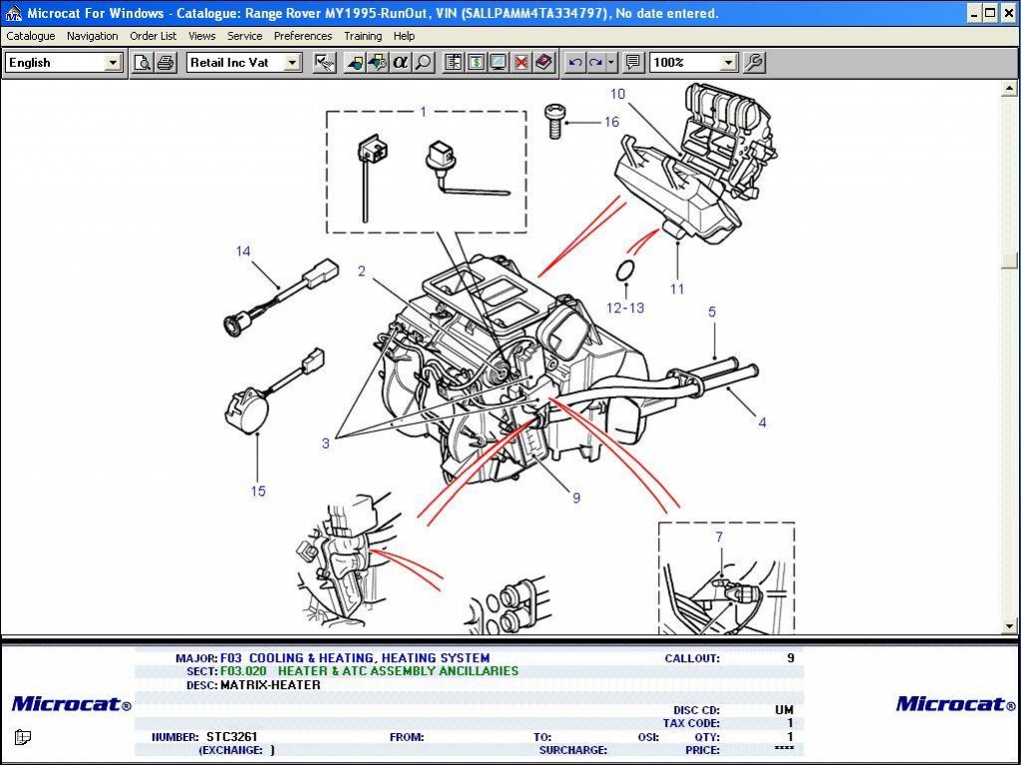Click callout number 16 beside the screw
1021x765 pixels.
coord(611,122)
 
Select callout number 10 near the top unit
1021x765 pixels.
coord(618,94)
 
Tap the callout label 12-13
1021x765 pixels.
coord(625,307)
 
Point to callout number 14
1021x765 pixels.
coord(243,251)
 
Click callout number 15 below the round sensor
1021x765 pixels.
coord(258,491)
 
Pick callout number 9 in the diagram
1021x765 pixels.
coord(575,498)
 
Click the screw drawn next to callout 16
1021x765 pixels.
coord(554,121)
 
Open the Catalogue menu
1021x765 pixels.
coord(31,36)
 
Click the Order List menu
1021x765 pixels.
coord(153,36)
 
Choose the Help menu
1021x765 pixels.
coord(404,36)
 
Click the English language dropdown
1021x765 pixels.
coord(63,62)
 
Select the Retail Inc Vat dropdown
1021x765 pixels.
coord(243,62)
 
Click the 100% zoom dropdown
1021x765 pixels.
coord(693,62)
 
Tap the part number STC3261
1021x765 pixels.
coord(232,737)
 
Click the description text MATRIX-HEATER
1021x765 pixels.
coord(270,685)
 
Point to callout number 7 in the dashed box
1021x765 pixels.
coord(718,538)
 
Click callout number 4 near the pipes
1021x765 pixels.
coord(762,422)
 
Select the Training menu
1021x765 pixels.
coord(363,36)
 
